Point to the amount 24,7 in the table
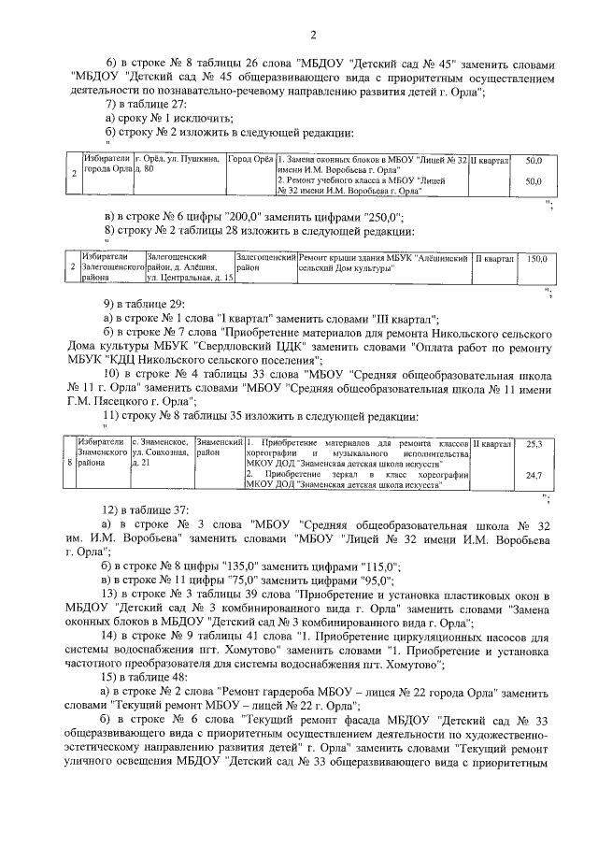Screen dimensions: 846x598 coord(534,476)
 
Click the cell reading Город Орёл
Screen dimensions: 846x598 coord(250,160)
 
